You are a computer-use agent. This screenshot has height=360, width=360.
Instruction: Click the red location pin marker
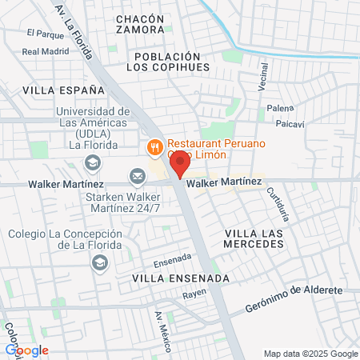(180, 165)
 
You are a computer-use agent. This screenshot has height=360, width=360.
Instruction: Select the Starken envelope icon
(138, 175)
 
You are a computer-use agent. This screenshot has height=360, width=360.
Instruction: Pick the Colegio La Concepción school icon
(100, 262)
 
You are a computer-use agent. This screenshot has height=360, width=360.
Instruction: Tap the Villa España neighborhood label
(54, 91)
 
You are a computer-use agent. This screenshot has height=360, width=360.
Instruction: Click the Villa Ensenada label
(180, 278)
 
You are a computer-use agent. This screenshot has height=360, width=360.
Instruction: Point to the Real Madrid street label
(46, 51)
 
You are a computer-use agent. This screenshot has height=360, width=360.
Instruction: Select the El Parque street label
(44, 34)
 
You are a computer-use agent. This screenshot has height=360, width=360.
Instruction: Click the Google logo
(27, 350)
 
